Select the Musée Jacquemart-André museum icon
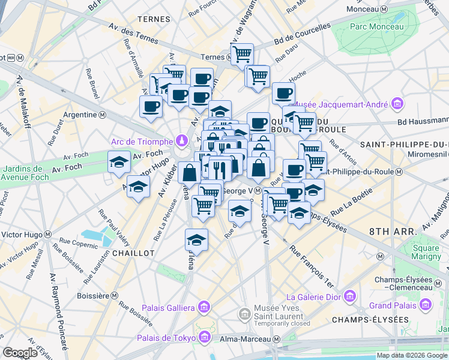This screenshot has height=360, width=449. coord(397,104)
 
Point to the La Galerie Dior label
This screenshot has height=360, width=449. coord(315,296)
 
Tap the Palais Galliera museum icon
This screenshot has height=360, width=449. coord(203,308)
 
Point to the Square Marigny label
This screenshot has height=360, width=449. coord(425,253)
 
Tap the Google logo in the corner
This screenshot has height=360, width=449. coord(20,352)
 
